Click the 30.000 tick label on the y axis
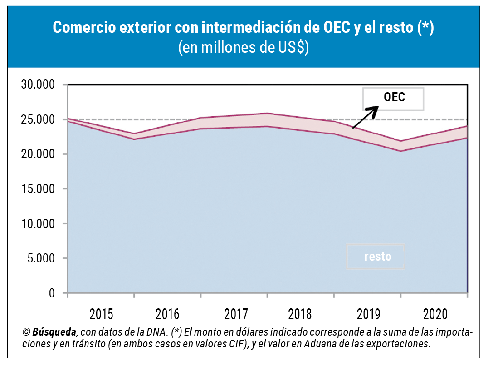pos(38,85)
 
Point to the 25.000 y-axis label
pos(38,120)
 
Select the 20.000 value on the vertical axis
pos(38,154)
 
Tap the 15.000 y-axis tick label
pos(38,189)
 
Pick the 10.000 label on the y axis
pos(38,224)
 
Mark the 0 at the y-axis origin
pos(51,293)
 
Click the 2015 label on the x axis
pos(102,314)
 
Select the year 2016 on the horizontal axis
pos(167,314)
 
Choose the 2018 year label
pos(300,314)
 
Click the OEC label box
pos(393,98)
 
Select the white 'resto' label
pos(377,257)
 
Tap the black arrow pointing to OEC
pos(366,117)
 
